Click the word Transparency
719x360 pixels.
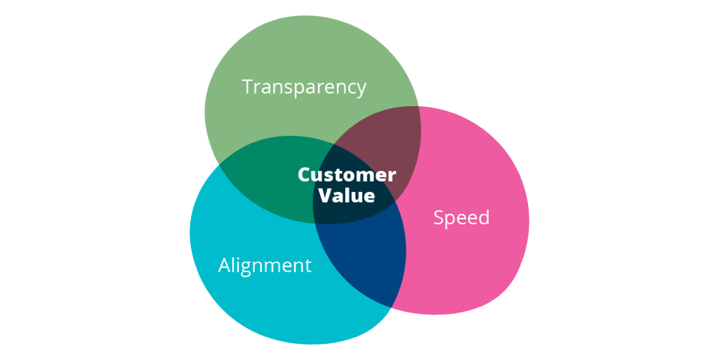coord(304,87)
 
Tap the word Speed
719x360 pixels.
coord(462,218)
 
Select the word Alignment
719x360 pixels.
coord(265,266)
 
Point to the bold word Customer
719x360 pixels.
coord(347,176)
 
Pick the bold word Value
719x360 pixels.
coord(347,196)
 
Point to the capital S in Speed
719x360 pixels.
coord(439,218)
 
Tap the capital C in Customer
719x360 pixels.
coord(304,176)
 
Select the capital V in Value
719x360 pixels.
coord(324,196)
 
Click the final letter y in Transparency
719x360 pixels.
coord(361,89)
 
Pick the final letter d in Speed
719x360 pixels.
coord(484,218)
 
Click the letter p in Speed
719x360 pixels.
coord(451,220)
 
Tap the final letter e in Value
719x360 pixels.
coord(369,197)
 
